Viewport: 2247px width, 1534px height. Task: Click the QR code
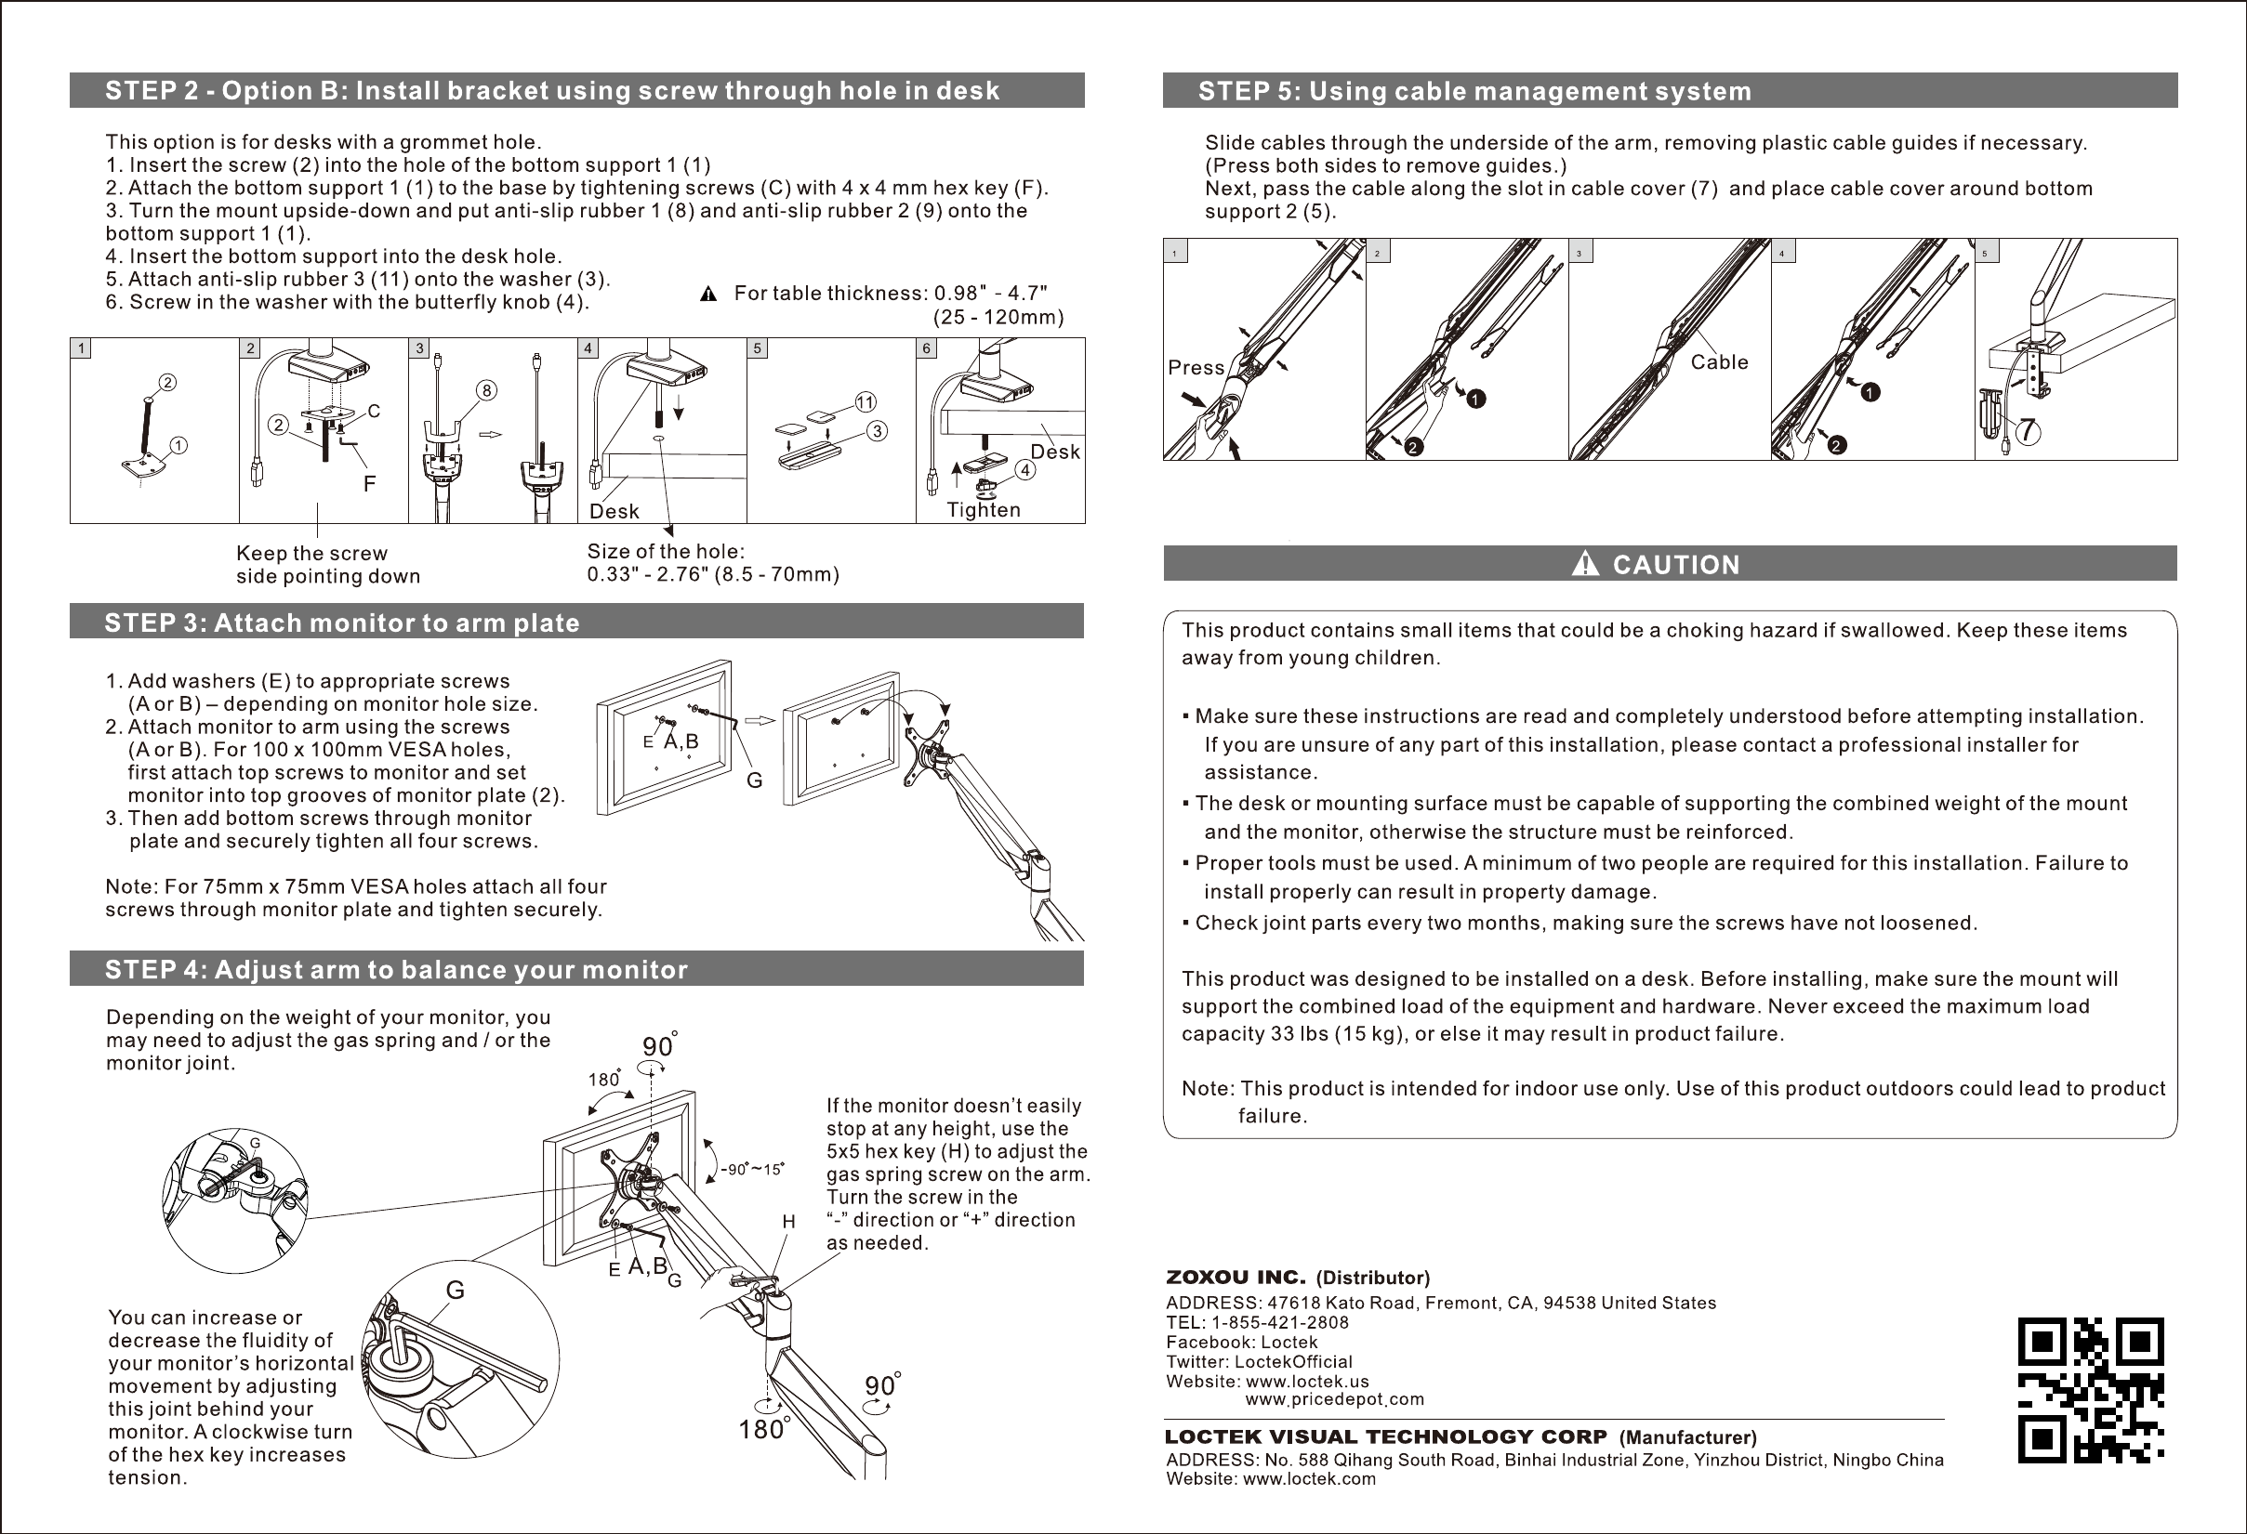tap(2091, 1390)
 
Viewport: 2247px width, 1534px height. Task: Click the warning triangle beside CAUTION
tap(1586, 564)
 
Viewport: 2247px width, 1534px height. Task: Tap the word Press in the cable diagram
tap(1196, 367)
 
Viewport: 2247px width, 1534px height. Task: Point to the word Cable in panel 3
tap(1719, 362)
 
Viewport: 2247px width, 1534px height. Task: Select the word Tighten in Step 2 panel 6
tap(984, 509)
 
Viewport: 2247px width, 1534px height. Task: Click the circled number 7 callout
tap(2028, 431)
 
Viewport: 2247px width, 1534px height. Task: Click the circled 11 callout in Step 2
tap(865, 401)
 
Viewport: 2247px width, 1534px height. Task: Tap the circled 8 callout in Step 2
tap(487, 390)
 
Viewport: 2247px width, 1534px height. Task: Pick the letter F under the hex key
tap(369, 483)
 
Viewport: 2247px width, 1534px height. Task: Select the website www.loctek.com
tap(1308, 1478)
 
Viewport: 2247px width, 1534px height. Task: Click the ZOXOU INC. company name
tap(1236, 1278)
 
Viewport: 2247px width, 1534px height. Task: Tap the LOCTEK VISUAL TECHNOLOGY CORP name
tap(1385, 1436)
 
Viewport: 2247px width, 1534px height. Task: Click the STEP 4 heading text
tap(396, 969)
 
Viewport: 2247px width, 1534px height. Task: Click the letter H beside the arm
tap(789, 1222)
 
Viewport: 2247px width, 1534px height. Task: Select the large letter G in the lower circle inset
tap(455, 1290)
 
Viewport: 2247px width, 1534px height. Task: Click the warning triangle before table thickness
tap(707, 294)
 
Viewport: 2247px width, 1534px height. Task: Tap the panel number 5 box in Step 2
tap(758, 348)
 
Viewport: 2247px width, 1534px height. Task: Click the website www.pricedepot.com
tap(1334, 1399)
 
